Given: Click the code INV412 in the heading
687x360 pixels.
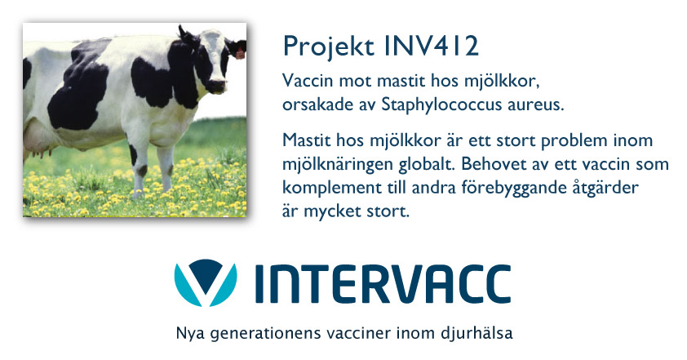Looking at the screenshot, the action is tap(432, 46).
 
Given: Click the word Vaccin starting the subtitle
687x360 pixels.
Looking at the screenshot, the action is tap(308, 81).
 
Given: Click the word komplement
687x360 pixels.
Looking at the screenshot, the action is tap(332, 189).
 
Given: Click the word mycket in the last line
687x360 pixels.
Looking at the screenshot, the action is tap(330, 212).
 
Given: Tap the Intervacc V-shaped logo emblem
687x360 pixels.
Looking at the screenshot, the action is tap(206, 282).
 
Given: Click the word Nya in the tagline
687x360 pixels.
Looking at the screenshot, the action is tap(190, 334).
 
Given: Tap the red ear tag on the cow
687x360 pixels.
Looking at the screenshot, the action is tap(240, 54).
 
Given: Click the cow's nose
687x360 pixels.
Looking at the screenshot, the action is tap(216, 87).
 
